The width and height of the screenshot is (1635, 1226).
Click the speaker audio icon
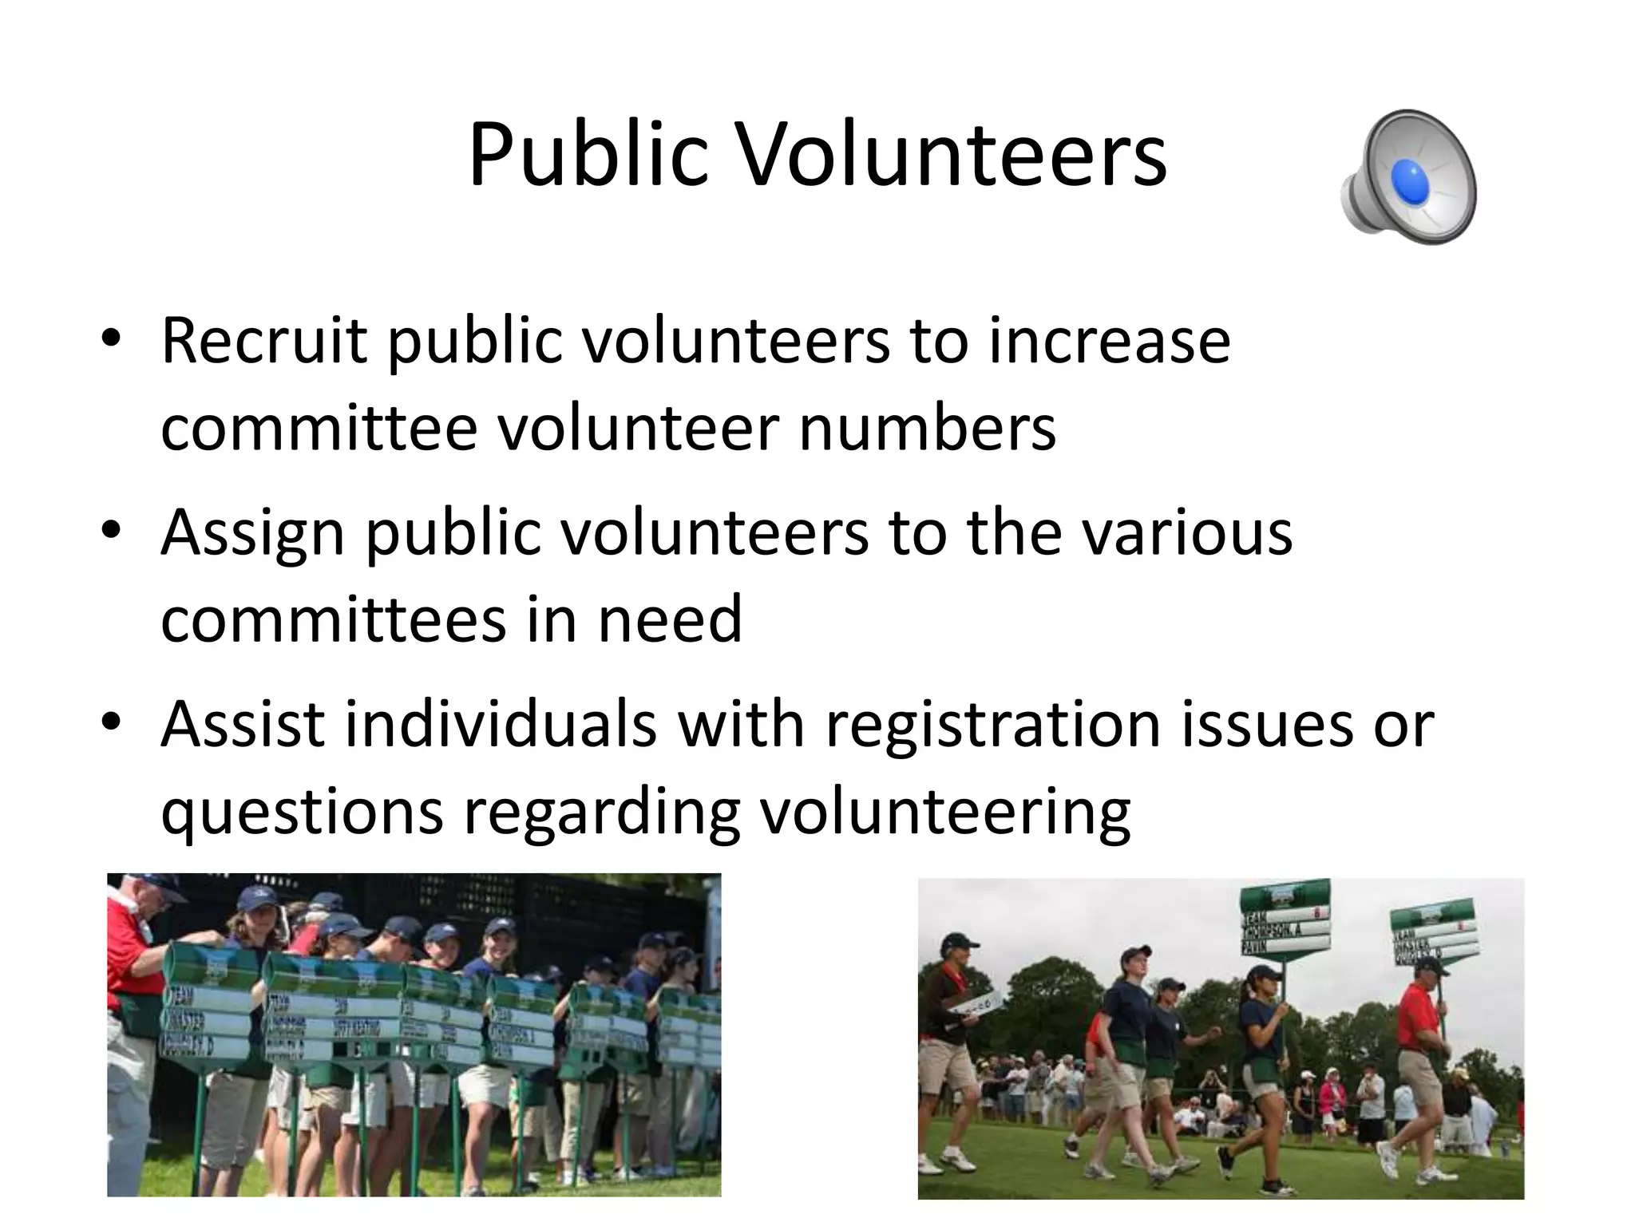point(1409,177)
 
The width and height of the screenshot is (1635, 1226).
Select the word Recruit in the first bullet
point(263,341)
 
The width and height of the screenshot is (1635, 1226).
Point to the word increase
point(1109,341)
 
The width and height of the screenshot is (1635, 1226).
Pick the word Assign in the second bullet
point(252,532)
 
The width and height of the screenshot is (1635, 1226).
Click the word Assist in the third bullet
point(243,724)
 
